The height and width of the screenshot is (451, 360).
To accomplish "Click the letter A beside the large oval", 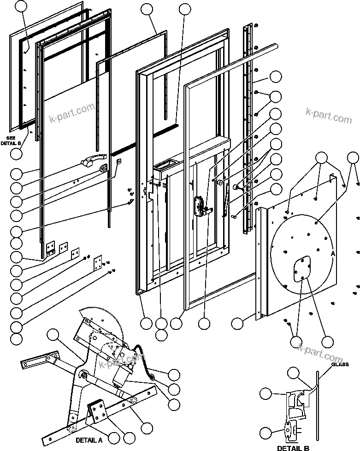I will click(x=333, y=253).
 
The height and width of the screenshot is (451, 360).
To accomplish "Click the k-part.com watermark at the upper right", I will click(x=329, y=116).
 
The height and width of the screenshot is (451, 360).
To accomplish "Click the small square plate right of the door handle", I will click(x=119, y=161).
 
